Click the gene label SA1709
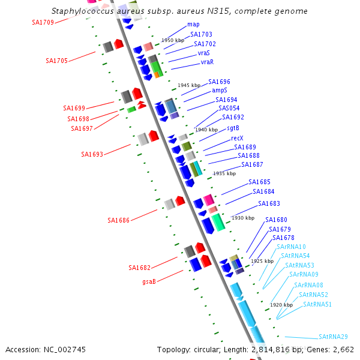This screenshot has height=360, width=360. (x=43, y=22)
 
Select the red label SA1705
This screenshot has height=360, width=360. (x=56, y=61)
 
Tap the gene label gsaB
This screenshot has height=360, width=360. (x=149, y=281)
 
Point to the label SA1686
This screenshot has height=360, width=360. (x=119, y=220)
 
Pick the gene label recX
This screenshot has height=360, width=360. (x=237, y=138)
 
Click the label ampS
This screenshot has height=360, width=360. (x=220, y=90)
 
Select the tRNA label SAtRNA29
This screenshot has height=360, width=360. (x=333, y=337)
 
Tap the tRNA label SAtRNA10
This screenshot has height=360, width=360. (x=291, y=247)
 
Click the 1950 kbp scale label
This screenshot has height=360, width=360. (x=173, y=40)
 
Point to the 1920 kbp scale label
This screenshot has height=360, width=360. (x=281, y=305)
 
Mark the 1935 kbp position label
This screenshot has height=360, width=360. (x=224, y=173)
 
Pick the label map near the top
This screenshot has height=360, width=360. (x=193, y=25)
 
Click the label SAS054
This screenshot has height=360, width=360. (x=229, y=108)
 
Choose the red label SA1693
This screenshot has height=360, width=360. (x=92, y=154)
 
